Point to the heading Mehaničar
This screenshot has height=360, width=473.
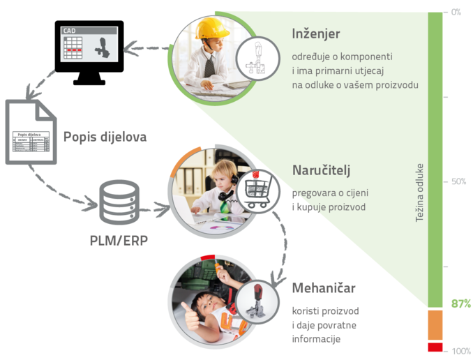[322, 287]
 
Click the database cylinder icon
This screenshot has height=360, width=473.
[119, 201]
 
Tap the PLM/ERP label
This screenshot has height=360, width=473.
[119, 240]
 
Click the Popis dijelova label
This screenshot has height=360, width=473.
[105, 137]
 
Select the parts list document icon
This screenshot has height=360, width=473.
[31, 132]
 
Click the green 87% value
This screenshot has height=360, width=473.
[460, 303]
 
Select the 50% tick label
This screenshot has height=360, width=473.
[458, 181]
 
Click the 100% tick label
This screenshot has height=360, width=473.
[460, 350]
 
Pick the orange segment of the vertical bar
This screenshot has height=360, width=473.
[435, 324]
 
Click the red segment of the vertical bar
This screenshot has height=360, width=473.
[435, 347]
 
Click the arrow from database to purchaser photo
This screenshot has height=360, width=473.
[155, 207]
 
